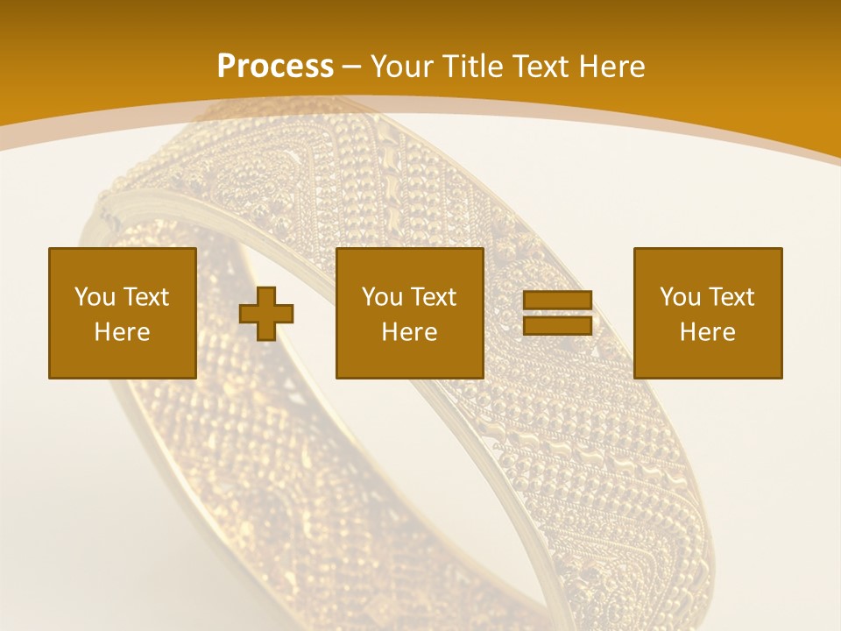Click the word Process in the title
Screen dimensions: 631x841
275,67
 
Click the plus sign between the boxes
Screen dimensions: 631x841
266,313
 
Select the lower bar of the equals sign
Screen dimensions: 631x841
557,325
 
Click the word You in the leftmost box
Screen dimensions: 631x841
94,297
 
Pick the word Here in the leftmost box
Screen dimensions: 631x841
122,332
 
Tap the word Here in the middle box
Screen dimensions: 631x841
409,332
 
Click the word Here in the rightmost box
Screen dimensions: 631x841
707,332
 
